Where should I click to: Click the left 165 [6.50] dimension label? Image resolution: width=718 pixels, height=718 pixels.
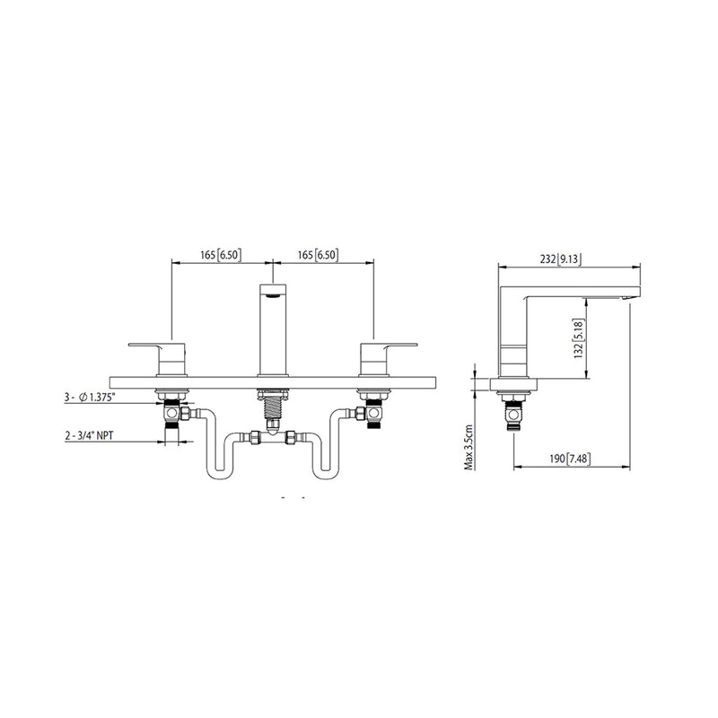pyautogui.click(x=220, y=255)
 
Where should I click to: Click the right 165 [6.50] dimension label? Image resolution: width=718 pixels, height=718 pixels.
pyautogui.click(x=318, y=255)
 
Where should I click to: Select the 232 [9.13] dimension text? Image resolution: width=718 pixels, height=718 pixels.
pyautogui.click(x=561, y=259)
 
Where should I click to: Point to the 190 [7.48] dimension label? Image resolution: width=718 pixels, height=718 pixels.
pyautogui.click(x=570, y=459)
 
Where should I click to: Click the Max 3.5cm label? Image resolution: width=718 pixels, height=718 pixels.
pyautogui.click(x=468, y=447)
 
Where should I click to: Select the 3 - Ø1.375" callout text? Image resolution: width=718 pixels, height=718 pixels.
pyautogui.click(x=90, y=398)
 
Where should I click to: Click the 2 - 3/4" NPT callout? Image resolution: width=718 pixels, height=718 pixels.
pyautogui.click(x=89, y=435)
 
